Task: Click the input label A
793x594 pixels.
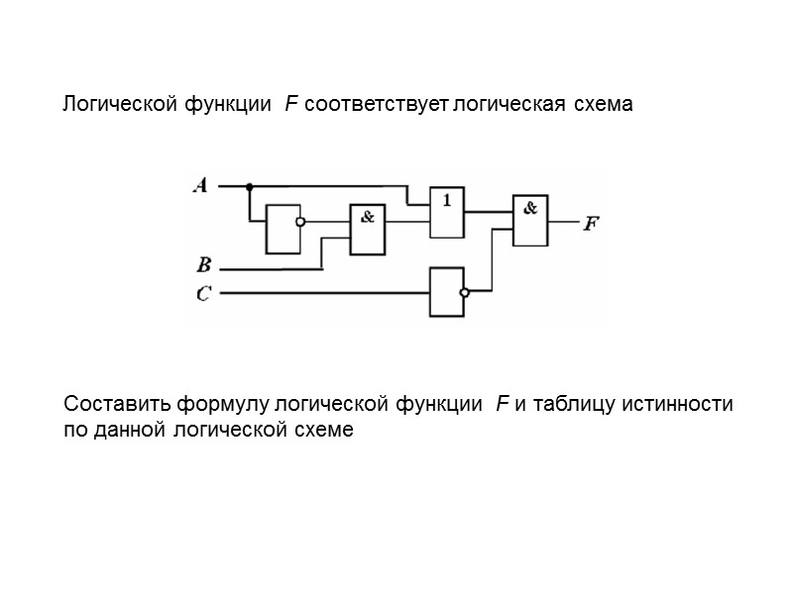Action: click(200, 185)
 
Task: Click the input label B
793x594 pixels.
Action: click(203, 265)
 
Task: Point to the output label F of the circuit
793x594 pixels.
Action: click(591, 224)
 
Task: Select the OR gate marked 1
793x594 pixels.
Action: click(446, 212)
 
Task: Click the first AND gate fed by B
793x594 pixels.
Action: click(367, 230)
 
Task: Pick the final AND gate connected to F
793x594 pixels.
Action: click(530, 220)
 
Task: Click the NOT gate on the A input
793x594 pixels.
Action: click(282, 229)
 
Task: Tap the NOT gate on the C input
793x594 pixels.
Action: click(446, 291)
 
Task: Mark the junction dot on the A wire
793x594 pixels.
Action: click(248, 185)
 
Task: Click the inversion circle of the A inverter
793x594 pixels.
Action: click(300, 223)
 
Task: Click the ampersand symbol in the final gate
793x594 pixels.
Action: click(531, 208)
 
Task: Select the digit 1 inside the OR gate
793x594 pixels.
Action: click(447, 199)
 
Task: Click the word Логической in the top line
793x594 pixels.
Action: click(119, 104)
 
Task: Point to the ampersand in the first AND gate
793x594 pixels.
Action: click(367, 218)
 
